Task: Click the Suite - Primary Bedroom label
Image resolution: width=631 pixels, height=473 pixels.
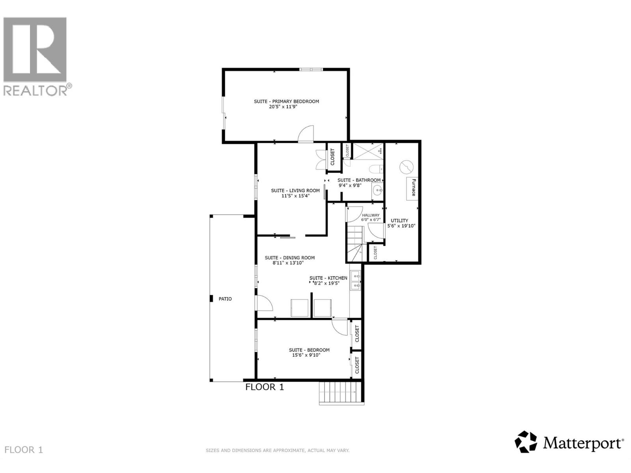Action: (286, 101)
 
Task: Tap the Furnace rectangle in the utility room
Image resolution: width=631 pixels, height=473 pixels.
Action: (412, 188)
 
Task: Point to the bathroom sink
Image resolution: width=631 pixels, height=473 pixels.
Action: (377, 192)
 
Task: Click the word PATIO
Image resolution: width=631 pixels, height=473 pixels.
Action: (225, 299)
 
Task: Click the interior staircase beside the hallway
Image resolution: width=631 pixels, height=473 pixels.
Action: (355, 242)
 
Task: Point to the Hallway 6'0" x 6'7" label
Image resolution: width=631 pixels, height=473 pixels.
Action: (371, 218)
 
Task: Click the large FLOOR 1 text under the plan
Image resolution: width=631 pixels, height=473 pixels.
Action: (265, 387)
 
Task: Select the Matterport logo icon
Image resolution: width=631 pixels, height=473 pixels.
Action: (526, 442)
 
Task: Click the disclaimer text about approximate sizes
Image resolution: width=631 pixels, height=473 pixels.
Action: (277, 450)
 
